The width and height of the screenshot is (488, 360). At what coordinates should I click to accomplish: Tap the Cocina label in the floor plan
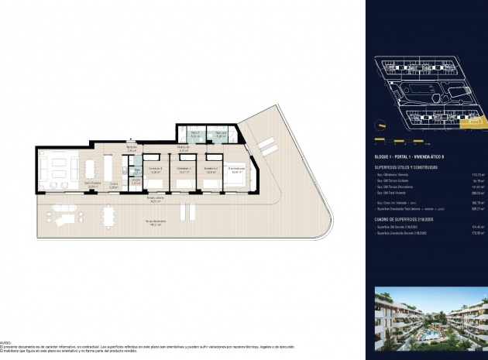click(113, 184)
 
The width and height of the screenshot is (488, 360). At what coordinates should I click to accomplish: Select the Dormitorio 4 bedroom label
click(155, 169)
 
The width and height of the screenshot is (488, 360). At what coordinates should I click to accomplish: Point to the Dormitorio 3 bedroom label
click(184, 169)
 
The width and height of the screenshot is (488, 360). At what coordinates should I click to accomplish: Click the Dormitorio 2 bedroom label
click(209, 169)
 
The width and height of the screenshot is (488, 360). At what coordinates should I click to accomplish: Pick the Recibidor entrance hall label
click(132, 149)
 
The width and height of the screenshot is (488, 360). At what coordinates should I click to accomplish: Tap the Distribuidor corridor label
click(184, 149)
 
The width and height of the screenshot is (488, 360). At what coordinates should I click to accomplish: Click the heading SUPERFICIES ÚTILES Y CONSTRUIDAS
click(407, 166)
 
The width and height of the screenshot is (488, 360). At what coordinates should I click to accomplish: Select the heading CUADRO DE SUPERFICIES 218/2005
click(407, 219)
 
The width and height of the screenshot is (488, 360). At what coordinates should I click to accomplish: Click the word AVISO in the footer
click(5, 340)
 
